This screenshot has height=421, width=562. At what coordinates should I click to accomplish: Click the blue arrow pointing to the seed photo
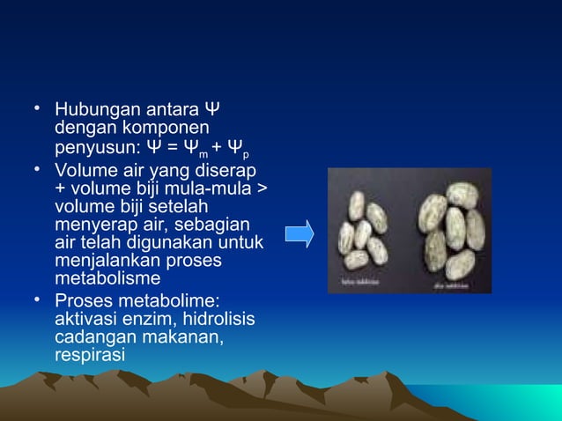pyautogui.click(x=299, y=234)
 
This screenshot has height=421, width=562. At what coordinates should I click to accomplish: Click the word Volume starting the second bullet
pyautogui.click(x=83, y=167)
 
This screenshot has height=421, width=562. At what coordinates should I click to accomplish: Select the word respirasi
pyautogui.click(x=90, y=353)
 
